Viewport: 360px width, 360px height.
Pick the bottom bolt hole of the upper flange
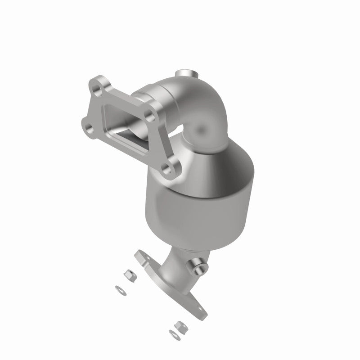(167, 170)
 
